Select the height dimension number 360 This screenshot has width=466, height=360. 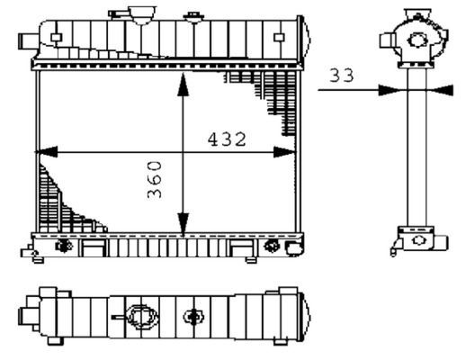[155, 180]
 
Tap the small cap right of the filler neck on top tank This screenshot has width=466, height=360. [193, 16]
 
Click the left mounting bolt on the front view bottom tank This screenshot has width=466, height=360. [64, 246]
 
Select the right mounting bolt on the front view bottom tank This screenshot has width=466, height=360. [272, 246]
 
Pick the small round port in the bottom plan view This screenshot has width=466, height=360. [193, 316]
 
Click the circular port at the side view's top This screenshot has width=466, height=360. [417, 40]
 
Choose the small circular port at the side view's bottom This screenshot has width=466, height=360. [417, 241]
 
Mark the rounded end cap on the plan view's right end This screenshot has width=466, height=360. [305, 314]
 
